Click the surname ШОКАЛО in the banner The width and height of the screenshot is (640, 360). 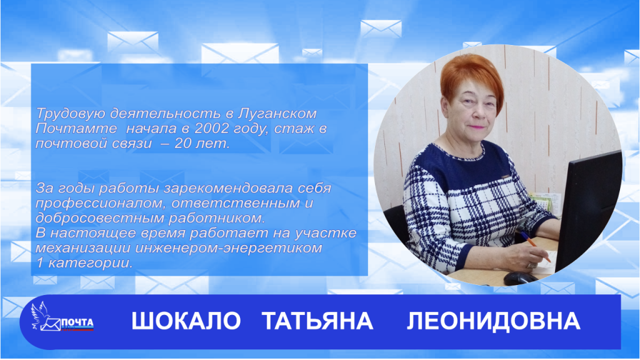pos(186,321)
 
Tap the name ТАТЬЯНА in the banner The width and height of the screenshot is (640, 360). pos(317,321)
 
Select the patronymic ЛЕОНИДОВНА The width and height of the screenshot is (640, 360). pos(493,321)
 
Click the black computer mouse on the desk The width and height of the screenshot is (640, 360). pos(518,277)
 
